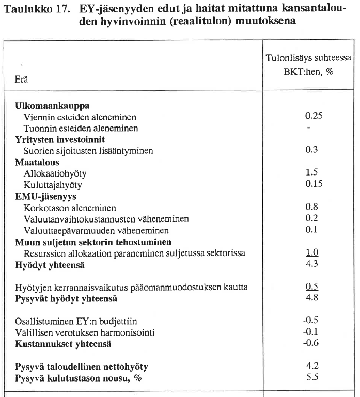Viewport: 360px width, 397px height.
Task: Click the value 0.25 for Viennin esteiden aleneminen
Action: tap(313, 116)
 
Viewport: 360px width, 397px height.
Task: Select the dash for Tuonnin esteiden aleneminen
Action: tap(308, 127)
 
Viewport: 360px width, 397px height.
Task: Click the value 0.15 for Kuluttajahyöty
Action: tap(313, 184)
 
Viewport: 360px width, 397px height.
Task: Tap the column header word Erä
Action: tap(22, 81)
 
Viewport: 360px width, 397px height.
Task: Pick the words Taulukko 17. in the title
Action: tap(35, 9)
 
